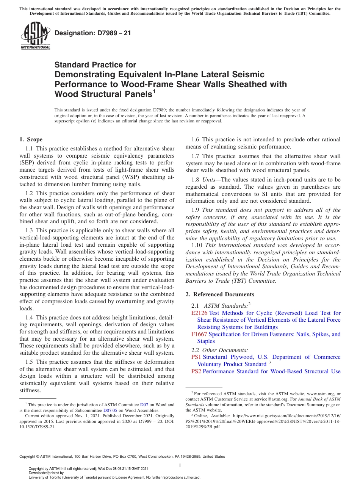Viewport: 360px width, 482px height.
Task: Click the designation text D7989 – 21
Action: [x=93, y=33]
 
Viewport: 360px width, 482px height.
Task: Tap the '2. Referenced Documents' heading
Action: [x=220, y=294]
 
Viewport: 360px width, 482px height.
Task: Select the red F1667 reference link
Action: [x=199, y=334]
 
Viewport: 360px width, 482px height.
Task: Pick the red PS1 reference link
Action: [x=196, y=357]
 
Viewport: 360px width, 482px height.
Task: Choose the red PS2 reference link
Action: [x=196, y=371]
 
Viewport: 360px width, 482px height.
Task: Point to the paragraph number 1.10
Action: [x=198, y=246]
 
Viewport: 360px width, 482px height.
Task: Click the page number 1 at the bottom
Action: [x=180, y=465]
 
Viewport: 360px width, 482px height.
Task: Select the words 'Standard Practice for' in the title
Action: [x=95, y=65]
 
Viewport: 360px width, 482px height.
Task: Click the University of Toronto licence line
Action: [x=114, y=477]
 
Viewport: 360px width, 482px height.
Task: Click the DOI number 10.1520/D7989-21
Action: [x=37, y=426]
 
